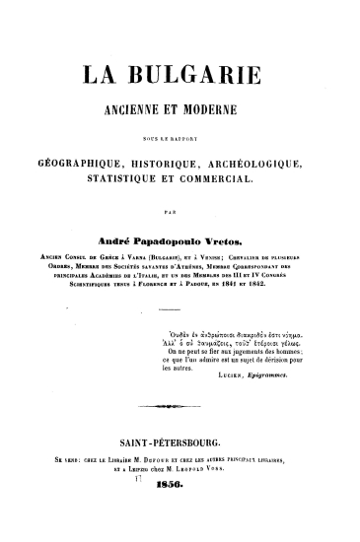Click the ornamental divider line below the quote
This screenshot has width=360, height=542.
coord(179,404)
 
